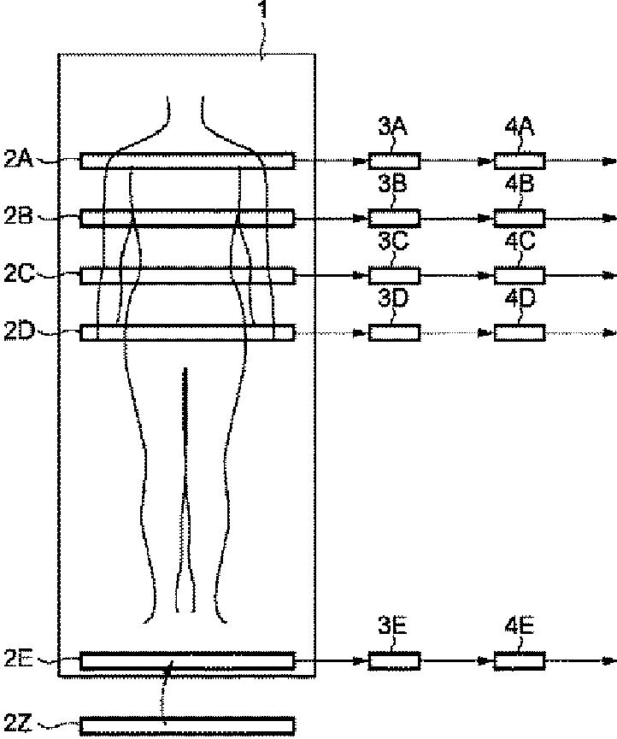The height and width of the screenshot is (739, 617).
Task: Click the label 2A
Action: tap(18, 159)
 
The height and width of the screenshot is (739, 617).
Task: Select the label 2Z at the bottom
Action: tap(18, 724)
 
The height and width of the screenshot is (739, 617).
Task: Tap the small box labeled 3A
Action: tap(394, 161)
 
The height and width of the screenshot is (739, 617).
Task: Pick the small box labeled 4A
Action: tap(520, 161)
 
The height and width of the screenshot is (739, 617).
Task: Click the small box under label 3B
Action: tap(394, 217)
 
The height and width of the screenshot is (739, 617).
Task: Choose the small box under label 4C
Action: tap(520, 275)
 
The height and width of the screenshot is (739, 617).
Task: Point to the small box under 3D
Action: tap(394, 332)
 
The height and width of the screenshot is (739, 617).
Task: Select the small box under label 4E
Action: tap(520, 660)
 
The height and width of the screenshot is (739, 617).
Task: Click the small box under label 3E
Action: tap(394, 660)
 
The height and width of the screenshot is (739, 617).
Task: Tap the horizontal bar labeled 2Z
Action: tap(187, 725)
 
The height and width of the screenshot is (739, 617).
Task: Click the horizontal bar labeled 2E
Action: tap(187, 660)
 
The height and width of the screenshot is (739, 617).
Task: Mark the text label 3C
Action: tap(393, 242)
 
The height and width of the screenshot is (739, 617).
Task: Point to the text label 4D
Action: tap(520, 300)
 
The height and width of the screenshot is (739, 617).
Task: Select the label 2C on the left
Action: tap(18, 274)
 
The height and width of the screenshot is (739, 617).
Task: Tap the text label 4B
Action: tap(520, 184)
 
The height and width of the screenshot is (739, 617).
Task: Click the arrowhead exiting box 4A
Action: tap(608, 161)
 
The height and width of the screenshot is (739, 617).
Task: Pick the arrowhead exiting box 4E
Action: tap(608, 660)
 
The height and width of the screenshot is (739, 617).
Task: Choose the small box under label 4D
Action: tap(520, 332)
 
